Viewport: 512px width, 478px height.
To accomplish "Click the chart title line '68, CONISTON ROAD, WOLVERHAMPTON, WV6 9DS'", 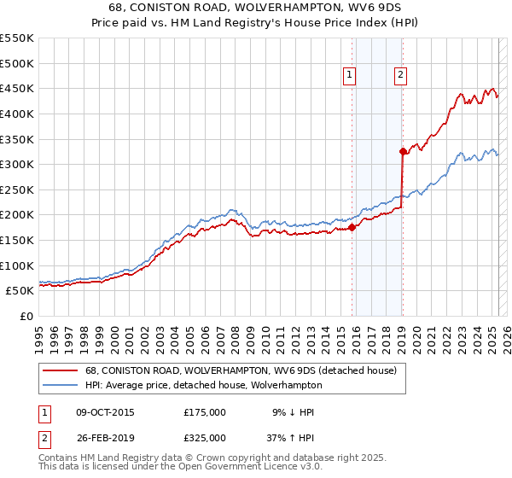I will click(x=255, y=9).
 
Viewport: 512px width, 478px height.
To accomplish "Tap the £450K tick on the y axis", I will click(x=17, y=88).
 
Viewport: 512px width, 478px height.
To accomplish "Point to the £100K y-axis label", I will click(x=17, y=265).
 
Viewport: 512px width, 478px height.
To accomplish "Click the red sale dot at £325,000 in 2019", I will click(x=402, y=152).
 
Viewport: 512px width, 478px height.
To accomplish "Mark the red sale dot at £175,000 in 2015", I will click(x=352, y=227).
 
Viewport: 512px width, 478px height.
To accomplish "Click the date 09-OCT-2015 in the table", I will click(x=105, y=412).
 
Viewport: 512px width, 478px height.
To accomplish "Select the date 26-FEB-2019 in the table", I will click(x=105, y=438).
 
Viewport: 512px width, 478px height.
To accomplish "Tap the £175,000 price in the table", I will click(x=205, y=412).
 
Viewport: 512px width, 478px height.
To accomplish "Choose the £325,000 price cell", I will click(x=205, y=438).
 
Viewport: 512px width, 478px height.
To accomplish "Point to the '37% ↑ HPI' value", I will click(x=288, y=438).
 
